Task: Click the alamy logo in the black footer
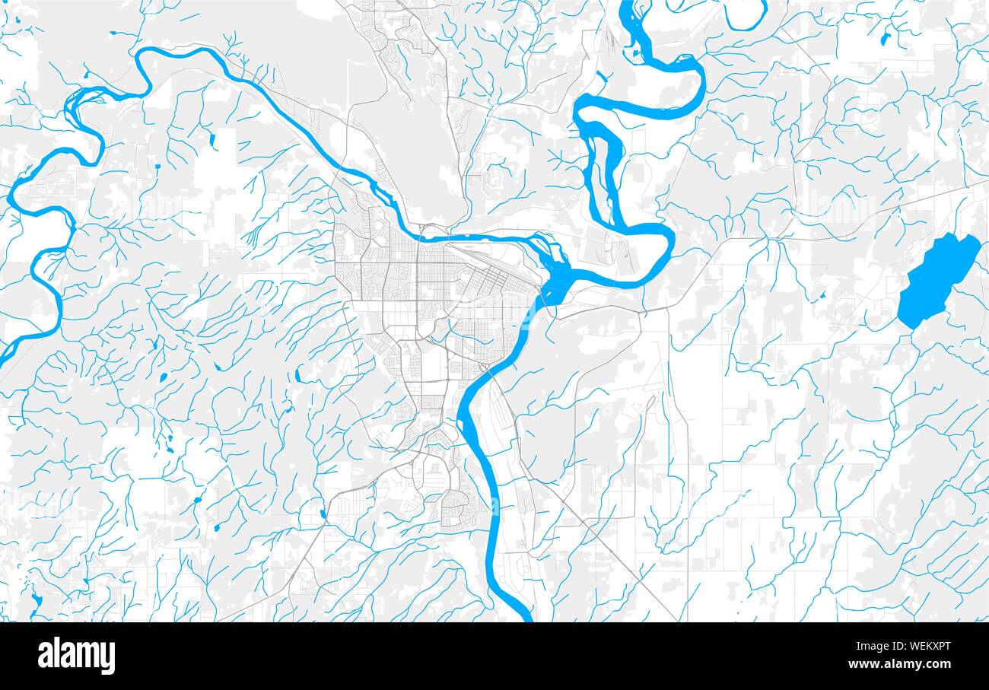[x=77, y=656]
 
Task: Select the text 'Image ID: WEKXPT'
[x=905, y=646]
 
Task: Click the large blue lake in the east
[x=935, y=278]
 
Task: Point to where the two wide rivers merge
[x=555, y=281]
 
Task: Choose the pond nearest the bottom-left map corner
[x=37, y=600]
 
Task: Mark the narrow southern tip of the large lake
[x=910, y=323]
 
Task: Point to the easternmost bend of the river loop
[x=669, y=243]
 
